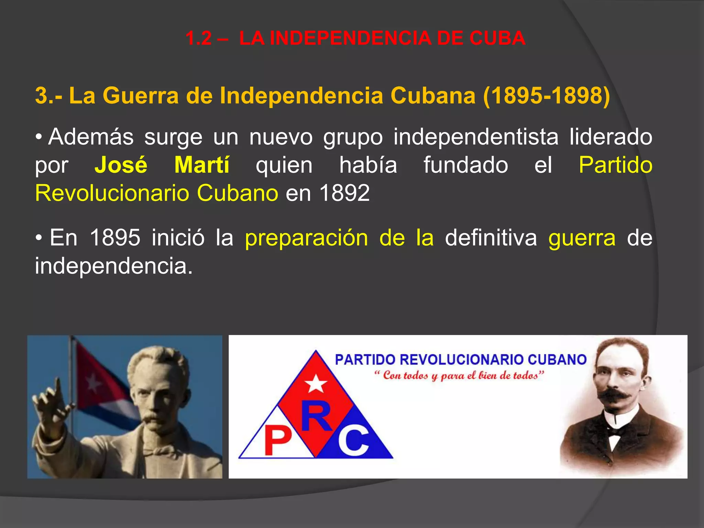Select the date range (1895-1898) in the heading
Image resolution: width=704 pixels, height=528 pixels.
tap(547, 95)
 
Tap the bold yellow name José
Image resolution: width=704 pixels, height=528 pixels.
tap(121, 165)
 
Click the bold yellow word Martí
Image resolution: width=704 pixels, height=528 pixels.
tap(202, 165)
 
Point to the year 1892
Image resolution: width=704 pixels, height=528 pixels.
tap(344, 193)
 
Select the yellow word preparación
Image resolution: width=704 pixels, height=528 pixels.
tap(306, 238)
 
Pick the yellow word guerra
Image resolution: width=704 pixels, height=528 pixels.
tap(582, 238)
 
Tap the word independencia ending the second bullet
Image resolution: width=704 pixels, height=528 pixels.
tap(113, 266)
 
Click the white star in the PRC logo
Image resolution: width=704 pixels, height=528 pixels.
tap(316, 384)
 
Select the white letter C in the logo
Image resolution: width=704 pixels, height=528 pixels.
tap(353, 441)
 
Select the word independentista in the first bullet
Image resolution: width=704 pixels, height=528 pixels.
tap(476, 137)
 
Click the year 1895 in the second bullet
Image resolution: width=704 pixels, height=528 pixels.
tap(115, 238)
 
